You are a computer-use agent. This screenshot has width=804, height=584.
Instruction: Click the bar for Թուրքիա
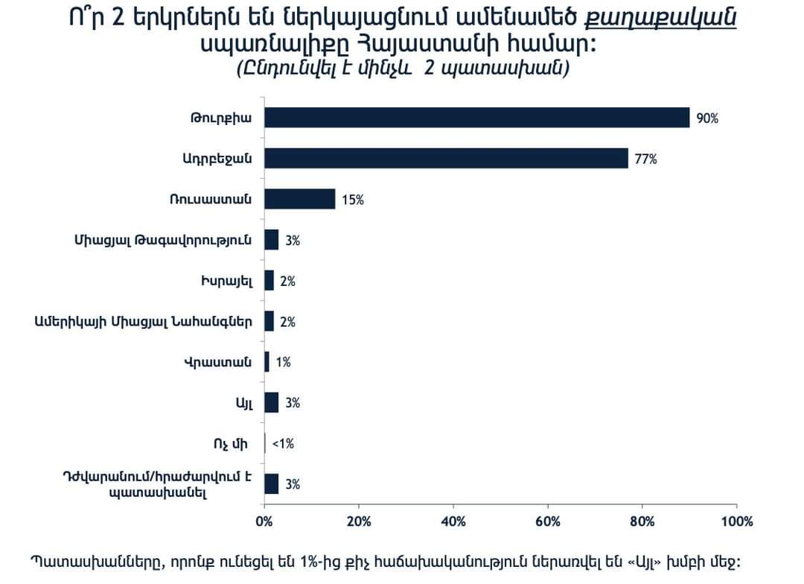click(477, 118)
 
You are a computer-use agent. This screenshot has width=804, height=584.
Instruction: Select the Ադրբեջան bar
click(447, 159)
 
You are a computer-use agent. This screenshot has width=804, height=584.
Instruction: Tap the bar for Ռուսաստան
click(300, 200)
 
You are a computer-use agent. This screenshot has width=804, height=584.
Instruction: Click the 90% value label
click(707, 118)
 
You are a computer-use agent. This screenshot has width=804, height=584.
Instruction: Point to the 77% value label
click(646, 159)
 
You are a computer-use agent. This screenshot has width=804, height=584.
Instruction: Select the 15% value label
click(353, 200)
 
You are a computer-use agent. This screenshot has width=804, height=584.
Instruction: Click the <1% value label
click(283, 444)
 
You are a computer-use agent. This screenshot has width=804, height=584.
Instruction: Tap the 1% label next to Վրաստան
click(283, 363)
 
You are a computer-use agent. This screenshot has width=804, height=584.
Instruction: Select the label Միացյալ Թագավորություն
click(163, 241)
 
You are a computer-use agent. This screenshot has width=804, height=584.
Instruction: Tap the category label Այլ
click(246, 403)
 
